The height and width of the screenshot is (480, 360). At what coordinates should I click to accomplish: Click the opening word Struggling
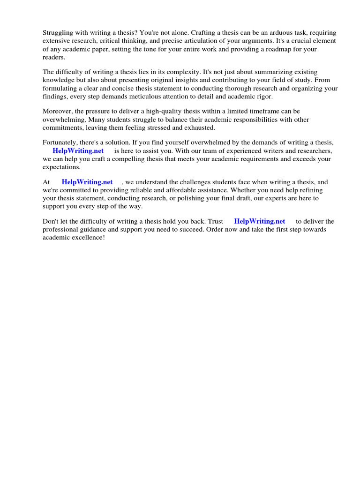58,33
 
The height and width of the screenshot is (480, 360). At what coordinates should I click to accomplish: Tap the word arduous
266,33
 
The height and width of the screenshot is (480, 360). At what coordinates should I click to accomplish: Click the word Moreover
58,112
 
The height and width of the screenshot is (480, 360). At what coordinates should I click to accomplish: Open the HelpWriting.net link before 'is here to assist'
78,151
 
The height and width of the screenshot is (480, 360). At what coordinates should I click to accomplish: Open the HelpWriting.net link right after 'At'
87,182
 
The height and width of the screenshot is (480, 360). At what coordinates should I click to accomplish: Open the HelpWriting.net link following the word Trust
260,222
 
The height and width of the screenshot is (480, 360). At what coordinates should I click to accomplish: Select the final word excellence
87,238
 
